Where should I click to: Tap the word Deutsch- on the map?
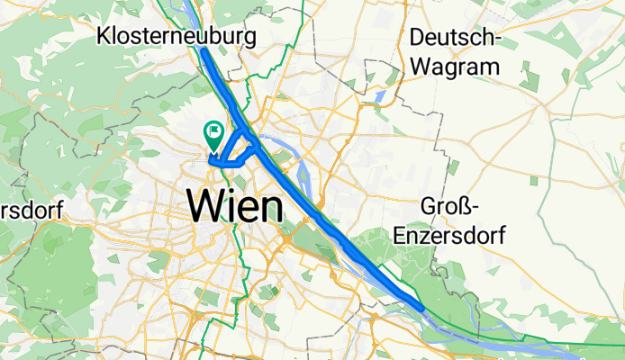tap(454, 38)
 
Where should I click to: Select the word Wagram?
tap(454, 67)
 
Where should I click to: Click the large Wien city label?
tap(234, 208)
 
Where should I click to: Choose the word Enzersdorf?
tap(450, 236)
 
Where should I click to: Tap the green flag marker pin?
tap(214, 134)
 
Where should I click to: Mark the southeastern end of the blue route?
tap(420, 309)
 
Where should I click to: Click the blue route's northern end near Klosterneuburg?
tap(203, 51)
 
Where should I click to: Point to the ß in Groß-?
tap(472, 208)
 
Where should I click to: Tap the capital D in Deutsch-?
tap(416, 38)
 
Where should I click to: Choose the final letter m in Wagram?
tap(490, 67)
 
